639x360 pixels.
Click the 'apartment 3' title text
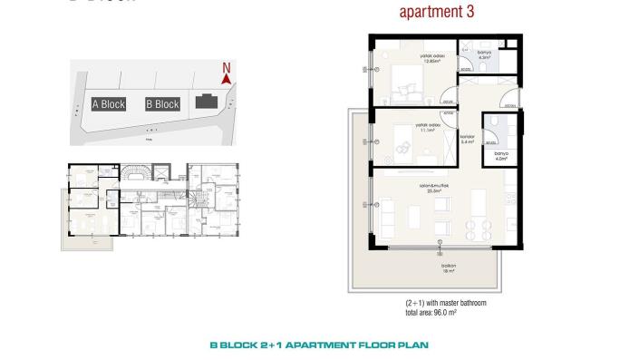coord(437,13)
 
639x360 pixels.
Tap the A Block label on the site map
coord(109,104)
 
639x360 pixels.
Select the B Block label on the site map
coord(162,104)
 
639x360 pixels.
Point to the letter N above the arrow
coord(227,67)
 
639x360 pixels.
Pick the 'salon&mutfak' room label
coord(431,189)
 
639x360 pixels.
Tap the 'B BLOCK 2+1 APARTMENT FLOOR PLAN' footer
coord(318,345)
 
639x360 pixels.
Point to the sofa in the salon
coord(389,216)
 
